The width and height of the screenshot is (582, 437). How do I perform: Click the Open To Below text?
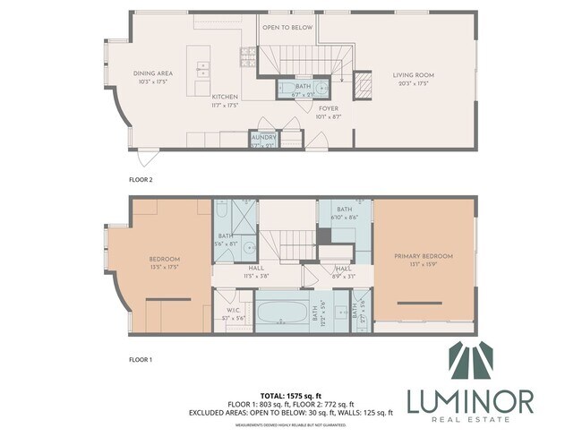point(287,28)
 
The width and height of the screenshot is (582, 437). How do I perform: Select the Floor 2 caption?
point(141,179)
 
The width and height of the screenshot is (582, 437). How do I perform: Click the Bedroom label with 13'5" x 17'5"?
point(165,261)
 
